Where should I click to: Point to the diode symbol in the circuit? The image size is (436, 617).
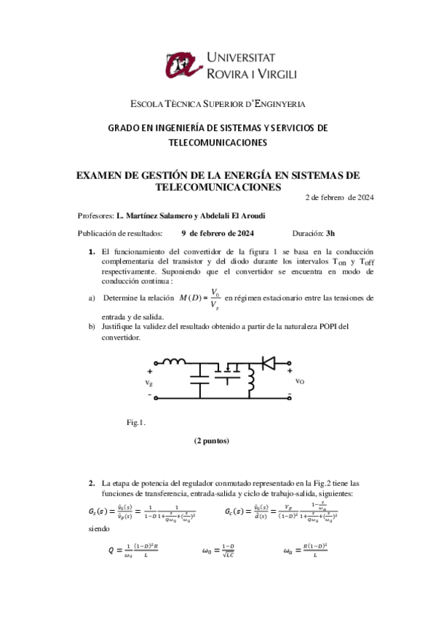tap(269, 361)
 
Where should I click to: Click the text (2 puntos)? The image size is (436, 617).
tap(211, 441)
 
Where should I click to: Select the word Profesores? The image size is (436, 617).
tap(95, 216)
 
